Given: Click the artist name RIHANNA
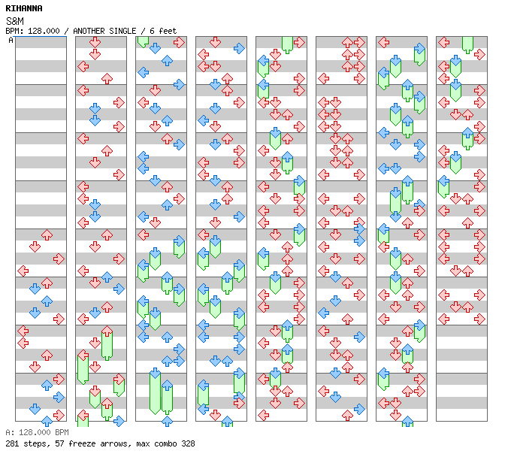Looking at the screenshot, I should pos(24,8).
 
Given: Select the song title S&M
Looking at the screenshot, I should pos(14,20).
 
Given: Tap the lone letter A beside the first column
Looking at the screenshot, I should pos(11,41).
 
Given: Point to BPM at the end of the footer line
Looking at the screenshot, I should pos(62,433).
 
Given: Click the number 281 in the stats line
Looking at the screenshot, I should pos(12,443).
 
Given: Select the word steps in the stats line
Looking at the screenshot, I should pos(35,443).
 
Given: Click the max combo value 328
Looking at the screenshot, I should pos(188,443).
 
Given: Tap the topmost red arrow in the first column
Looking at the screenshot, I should pos(47,235).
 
